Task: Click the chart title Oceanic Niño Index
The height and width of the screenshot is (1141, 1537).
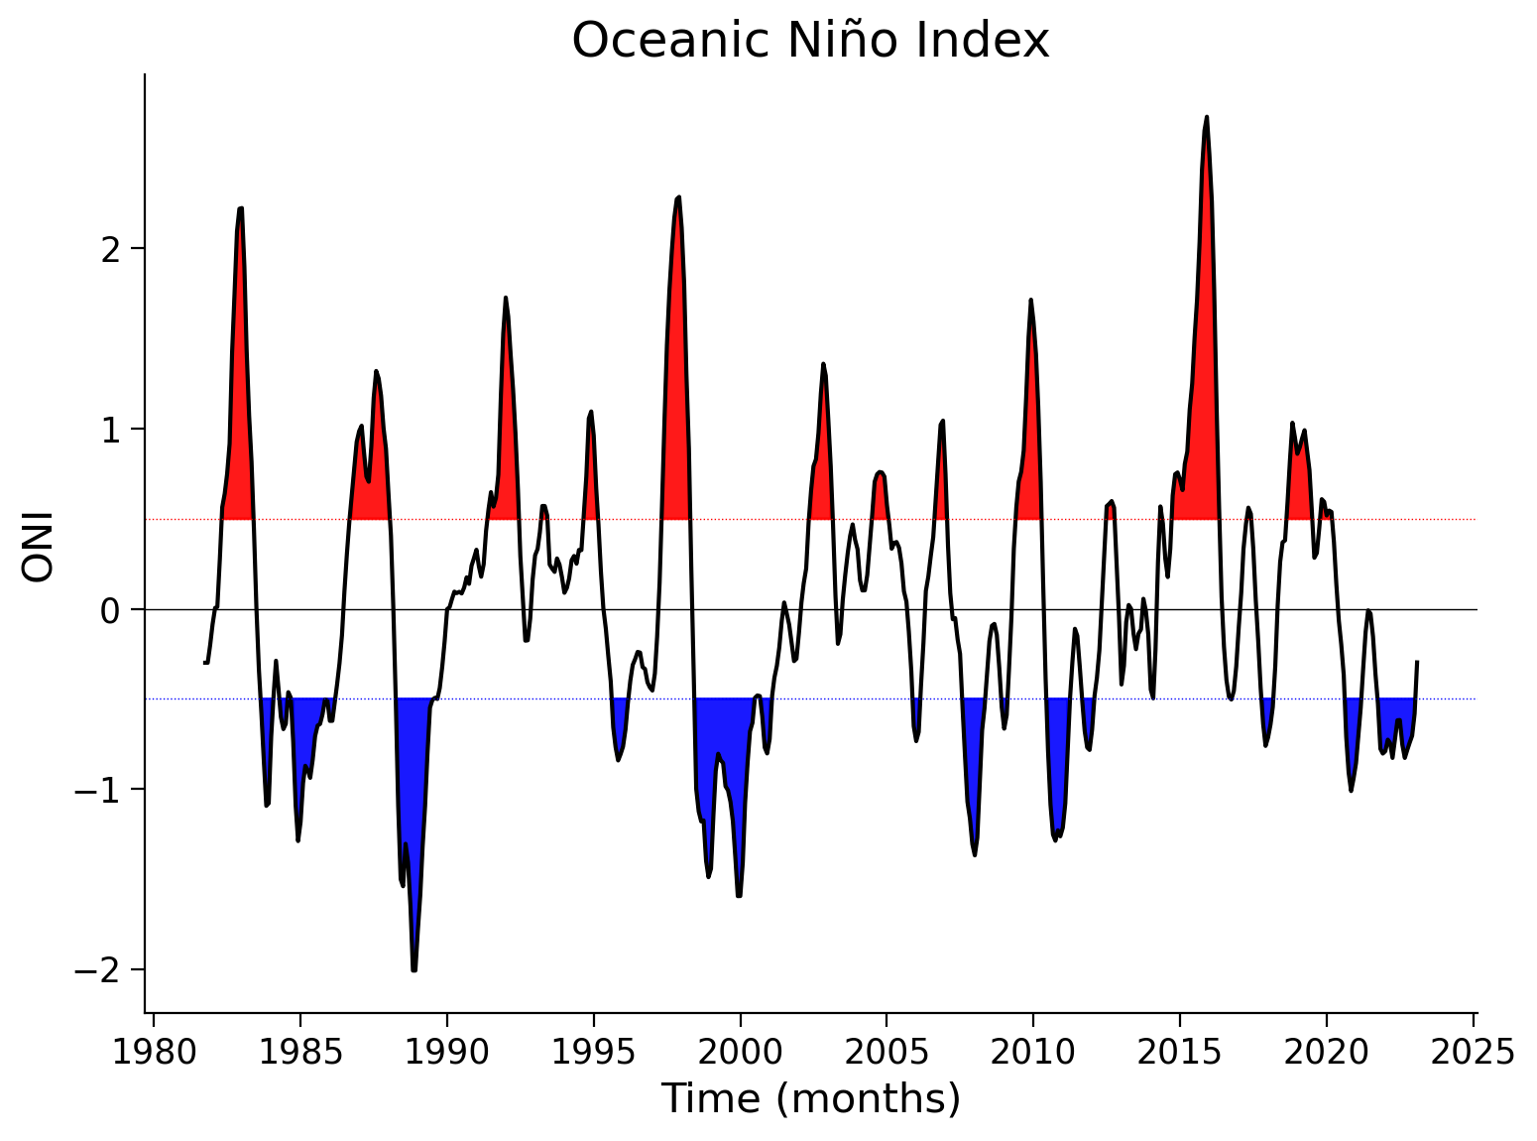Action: tap(809, 41)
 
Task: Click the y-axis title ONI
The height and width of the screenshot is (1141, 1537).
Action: tap(38, 548)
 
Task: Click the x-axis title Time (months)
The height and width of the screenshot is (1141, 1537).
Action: tap(811, 1098)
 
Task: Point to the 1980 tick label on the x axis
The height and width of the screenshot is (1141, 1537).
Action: tap(154, 1053)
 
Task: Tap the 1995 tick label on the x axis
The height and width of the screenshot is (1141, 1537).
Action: tap(593, 1053)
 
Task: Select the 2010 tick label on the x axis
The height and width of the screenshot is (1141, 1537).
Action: tap(1032, 1053)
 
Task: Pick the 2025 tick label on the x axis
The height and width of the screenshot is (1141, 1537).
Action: tap(1473, 1053)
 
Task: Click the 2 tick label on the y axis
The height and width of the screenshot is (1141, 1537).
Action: tap(111, 249)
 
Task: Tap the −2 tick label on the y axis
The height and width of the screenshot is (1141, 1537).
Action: tap(99, 970)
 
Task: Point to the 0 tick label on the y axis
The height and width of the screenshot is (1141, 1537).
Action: tap(111, 611)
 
